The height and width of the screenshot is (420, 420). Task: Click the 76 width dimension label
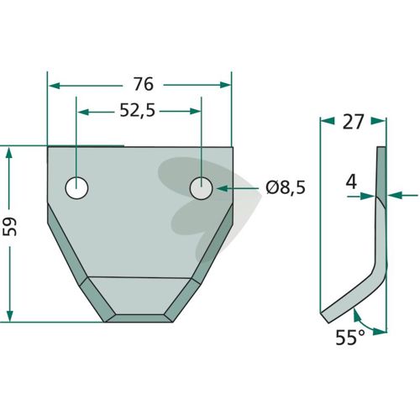pos(144,84)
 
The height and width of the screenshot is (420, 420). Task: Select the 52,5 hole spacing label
pos(137,111)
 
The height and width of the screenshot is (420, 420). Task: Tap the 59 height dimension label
pos(10,227)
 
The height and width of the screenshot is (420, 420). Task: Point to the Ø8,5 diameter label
pos(286,188)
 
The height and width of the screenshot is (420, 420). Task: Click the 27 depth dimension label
pos(353,122)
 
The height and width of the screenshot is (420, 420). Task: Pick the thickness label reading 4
pos(351,183)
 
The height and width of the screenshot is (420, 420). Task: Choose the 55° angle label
pos(350,338)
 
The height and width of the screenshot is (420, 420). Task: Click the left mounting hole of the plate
pos(76,188)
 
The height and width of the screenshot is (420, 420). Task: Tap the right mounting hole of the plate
pos(201,188)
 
